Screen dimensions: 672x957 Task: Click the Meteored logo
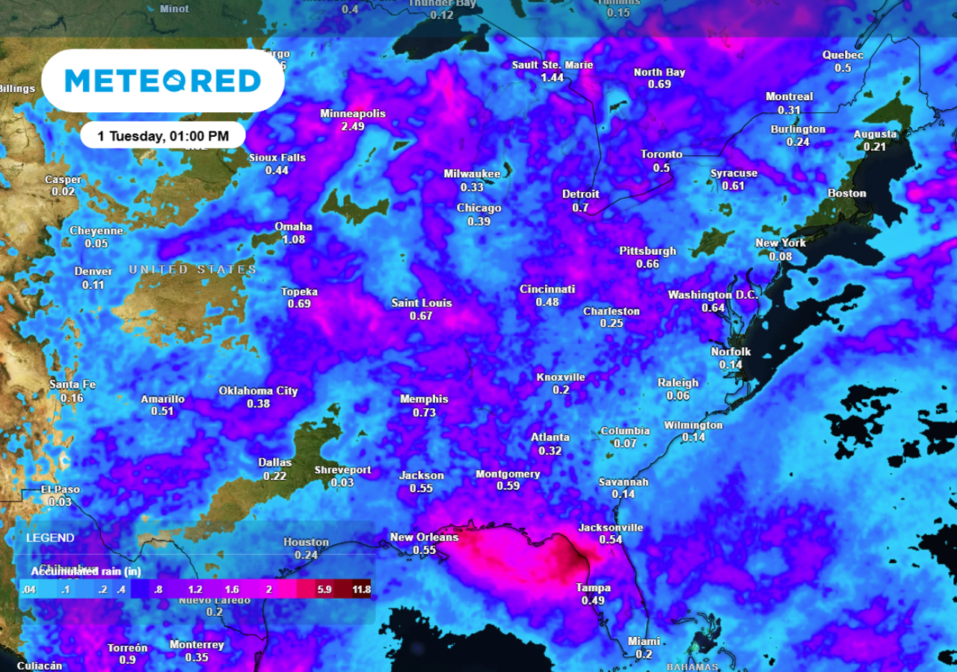click(x=162, y=81)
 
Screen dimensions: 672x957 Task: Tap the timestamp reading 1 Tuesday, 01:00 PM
click(x=163, y=136)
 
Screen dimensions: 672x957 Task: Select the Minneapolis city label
click(x=353, y=114)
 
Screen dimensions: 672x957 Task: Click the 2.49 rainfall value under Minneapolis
click(x=353, y=126)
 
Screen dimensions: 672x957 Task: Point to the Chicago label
click(x=478, y=209)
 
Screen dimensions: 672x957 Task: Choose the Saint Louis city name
click(x=422, y=303)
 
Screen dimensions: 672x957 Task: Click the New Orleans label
click(x=424, y=537)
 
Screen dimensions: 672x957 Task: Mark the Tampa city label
click(x=593, y=588)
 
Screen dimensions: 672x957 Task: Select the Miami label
click(x=644, y=641)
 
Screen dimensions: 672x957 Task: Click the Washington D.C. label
click(x=713, y=295)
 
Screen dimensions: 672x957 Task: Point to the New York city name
click(x=781, y=243)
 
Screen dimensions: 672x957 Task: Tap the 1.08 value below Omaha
click(x=293, y=240)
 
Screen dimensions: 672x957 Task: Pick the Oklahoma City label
click(x=258, y=391)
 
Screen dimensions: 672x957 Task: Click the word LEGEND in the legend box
click(x=50, y=537)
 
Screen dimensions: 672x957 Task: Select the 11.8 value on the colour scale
click(x=361, y=590)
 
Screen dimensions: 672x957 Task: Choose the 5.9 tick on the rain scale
click(x=324, y=590)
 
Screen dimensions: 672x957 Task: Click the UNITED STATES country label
click(x=192, y=269)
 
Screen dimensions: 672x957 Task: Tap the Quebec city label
click(x=843, y=55)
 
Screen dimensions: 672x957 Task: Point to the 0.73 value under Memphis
click(x=424, y=412)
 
